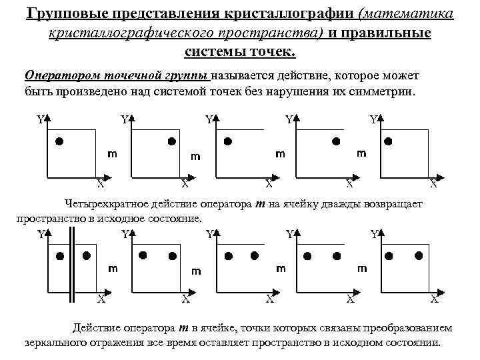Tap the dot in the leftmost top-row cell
tap(59, 141)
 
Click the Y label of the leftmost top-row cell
tap(40, 121)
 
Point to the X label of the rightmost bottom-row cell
tap(434, 299)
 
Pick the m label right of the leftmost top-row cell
tap(113, 154)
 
